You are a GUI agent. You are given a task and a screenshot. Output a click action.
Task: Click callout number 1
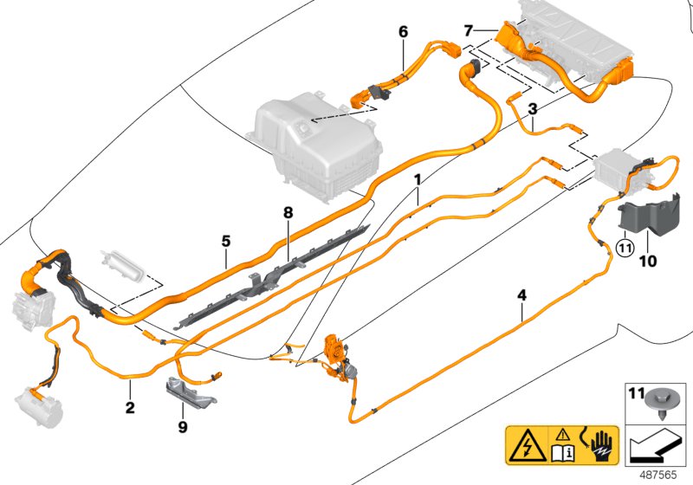[418, 179]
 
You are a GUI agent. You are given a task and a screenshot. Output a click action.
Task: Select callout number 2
[129, 406]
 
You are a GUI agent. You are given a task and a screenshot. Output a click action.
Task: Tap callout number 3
[532, 109]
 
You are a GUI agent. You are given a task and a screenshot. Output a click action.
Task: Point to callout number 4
[521, 295]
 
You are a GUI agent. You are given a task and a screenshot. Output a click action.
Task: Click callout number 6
[403, 32]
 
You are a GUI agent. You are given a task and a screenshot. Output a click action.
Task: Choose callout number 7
[469, 30]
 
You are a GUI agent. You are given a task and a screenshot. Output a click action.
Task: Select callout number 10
[648, 259]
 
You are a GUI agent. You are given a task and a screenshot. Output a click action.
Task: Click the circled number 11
[625, 244]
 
